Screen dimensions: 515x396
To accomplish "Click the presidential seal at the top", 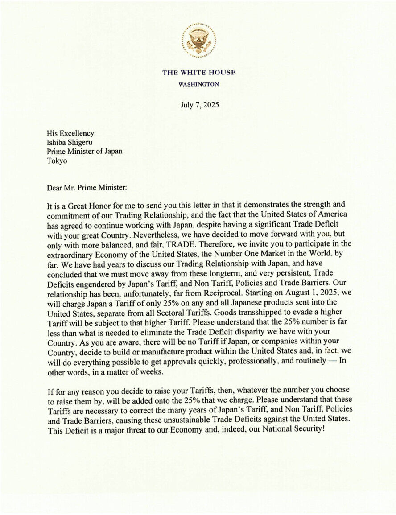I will click(198, 41).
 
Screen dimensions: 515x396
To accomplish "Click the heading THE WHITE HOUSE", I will click(199, 73).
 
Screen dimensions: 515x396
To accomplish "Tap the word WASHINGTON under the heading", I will click(199, 84).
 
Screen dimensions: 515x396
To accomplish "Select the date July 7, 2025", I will click(199, 105).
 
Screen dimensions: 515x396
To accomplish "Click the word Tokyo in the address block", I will click(57, 161).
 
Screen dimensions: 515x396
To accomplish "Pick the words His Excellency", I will click(70, 133).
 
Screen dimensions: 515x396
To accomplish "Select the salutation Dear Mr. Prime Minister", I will click(87, 188).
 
